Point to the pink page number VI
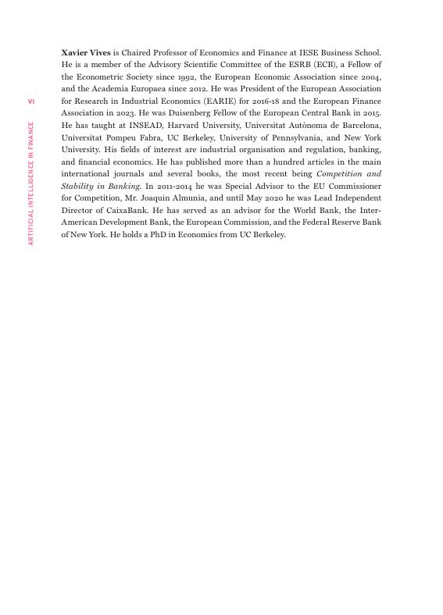31,101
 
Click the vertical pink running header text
31,183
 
